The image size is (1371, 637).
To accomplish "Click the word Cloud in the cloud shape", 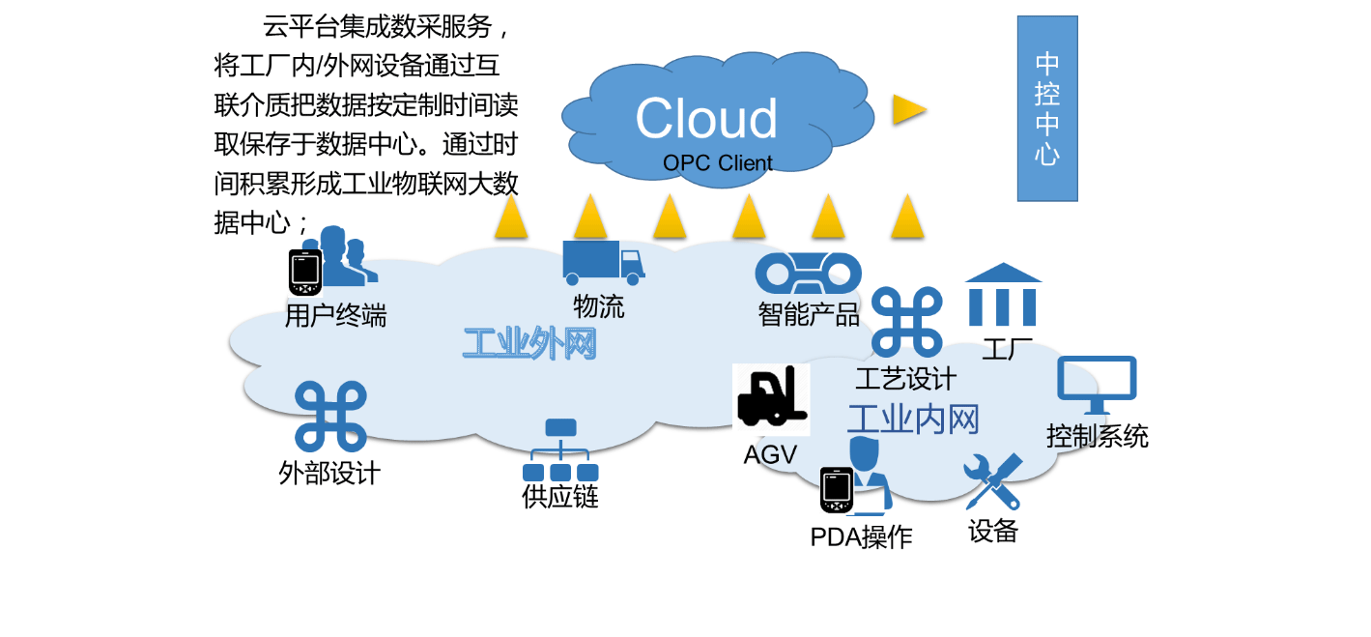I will (x=706, y=119).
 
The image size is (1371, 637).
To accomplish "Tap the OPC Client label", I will (x=717, y=163).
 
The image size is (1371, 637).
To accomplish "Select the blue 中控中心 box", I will (x=1047, y=108).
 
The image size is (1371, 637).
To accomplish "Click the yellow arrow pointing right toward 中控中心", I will (x=908, y=109).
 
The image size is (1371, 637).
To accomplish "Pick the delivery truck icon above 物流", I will (x=603, y=263).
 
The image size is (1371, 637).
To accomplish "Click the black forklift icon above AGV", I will (x=770, y=398).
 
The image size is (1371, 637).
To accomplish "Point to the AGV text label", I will (x=770, y=454).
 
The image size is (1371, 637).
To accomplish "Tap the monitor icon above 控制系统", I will (x=1097, y=385).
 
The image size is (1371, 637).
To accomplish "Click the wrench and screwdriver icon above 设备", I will (x=992, y=481).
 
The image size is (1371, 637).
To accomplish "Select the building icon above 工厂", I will (x=1003, y=295).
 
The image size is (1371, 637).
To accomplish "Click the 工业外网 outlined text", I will (x=529, y=343).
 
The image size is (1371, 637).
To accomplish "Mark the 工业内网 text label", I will (x=913, y=420).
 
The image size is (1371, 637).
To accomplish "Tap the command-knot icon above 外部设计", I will (x=330, y=417).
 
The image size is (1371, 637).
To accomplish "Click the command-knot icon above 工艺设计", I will (x=906, y=322).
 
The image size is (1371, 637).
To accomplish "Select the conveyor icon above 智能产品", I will (x=808, y=273).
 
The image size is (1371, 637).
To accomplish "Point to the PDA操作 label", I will (x=861, y=537).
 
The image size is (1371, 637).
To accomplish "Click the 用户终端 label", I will (x=335, y=316).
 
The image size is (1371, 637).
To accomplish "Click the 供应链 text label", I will (x=560, y=497).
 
